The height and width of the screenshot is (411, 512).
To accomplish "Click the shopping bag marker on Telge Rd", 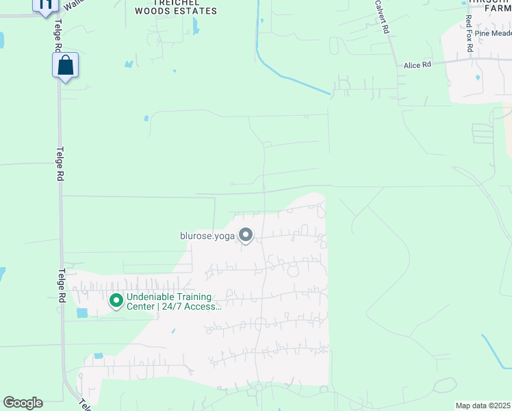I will (x=65, y=66).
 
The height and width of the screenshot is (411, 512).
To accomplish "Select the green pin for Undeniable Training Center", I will (x=116, y=300).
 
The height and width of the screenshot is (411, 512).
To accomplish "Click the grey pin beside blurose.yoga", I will (x=246, y=236).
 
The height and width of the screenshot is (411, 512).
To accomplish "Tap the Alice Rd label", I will (x=418, y=65).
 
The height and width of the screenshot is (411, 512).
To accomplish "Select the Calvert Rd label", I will (x=381, y=17).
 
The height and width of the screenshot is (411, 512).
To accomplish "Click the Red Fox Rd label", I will (x=469, y=30).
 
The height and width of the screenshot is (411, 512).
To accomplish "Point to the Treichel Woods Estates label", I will (x=176, y=7).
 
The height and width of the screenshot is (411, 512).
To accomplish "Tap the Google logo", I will (x=23, y=403).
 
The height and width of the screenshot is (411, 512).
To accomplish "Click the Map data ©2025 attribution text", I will (x=483, y=406).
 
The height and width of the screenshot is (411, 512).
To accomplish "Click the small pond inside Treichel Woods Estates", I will (x=196, y=27).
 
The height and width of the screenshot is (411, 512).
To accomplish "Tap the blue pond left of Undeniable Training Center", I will (x=83, y=313).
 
